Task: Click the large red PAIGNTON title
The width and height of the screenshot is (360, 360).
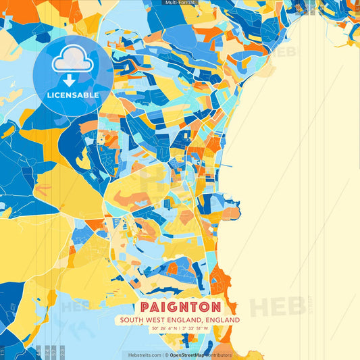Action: tap(180, 305)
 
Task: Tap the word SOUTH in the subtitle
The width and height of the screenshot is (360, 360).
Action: tap(129, 320)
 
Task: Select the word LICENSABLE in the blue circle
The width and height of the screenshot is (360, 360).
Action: tap(72, 95)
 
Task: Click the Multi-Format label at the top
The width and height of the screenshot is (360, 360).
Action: tap(180, 3)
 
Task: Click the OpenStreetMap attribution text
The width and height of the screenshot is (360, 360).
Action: tap(188, 355)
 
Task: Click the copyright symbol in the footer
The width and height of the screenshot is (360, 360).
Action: tap(165, 355)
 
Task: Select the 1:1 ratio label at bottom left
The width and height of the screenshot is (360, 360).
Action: tap(3, 352)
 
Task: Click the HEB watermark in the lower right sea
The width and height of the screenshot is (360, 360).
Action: tap(277, 307)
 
